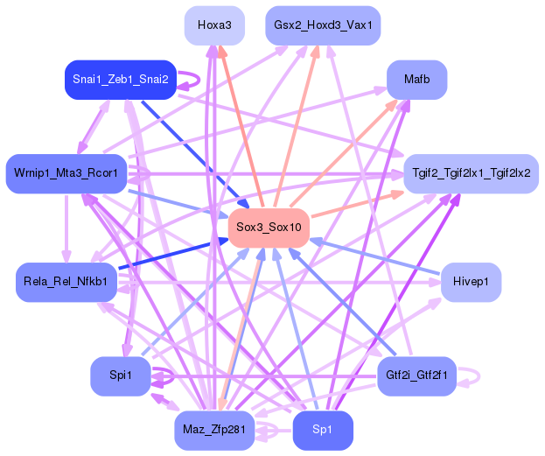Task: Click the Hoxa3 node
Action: click(x=214, y=25)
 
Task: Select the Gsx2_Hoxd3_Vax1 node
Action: click(x=323, y=25)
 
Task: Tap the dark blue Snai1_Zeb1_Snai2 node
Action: click(x=121, y=80)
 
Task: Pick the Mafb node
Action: click(x=416, y=80)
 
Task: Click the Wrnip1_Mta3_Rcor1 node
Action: click(x=66, y=173)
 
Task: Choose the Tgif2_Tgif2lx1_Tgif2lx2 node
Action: click(x=471, y=173)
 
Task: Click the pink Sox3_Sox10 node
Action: click(x=269, y=228)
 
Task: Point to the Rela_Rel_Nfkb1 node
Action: click(x=66, y=282)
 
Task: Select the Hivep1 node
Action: click(x=471, y=282)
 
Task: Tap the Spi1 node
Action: click(x=121, y=376)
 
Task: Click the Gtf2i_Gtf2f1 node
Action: click(x=416, y=376)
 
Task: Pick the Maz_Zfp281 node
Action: click(x=214, y=431)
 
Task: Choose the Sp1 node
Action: click(x=323, y=431)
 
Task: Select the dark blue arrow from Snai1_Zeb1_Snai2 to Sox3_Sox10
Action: click(x=195, y=155)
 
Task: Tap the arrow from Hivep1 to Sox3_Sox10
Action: click(x=374, y=256)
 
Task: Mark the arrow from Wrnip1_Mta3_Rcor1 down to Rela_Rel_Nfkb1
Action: click(x=66, y=228)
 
